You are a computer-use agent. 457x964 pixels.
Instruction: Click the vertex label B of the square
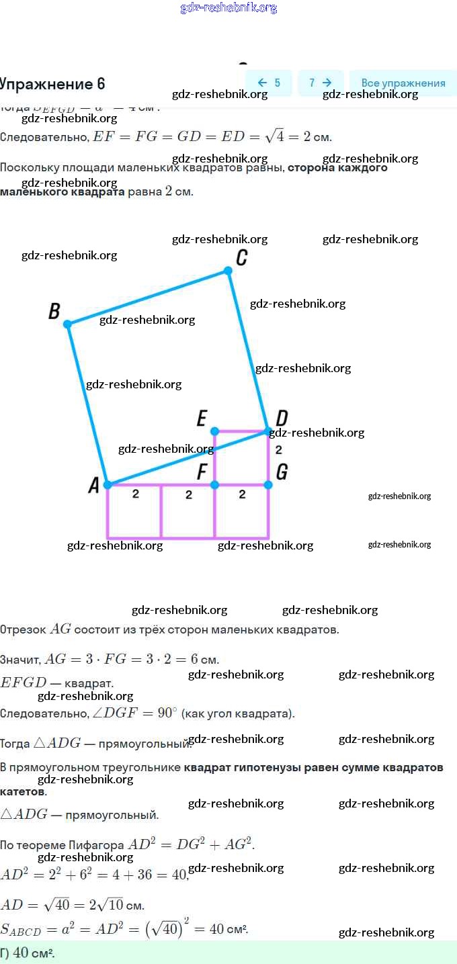(54, 311)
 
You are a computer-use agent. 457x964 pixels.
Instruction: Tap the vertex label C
(242, 257)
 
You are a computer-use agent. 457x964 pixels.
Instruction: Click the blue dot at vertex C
(228, 271)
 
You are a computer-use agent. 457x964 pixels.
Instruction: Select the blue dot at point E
(214, 431)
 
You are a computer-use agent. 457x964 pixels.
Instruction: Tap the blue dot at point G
(268, 484)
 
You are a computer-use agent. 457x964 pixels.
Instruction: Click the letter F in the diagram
(202, 472)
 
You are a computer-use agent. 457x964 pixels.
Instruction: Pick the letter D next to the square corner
(282, 418)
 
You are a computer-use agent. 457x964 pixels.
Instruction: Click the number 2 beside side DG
(278, 449)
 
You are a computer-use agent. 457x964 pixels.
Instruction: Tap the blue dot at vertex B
(67, 324)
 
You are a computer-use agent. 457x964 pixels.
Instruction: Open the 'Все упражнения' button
(403, 83)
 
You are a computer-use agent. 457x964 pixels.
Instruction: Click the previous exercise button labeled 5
(269, 83)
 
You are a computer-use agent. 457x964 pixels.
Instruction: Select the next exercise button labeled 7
(321, 83)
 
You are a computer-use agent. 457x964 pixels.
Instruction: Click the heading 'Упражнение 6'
(52, 84)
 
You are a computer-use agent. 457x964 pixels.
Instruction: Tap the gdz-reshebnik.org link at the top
(229, 8)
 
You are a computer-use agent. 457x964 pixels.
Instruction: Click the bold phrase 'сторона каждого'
(337, 168)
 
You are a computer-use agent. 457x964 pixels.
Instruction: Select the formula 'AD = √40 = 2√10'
(72, 904)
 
